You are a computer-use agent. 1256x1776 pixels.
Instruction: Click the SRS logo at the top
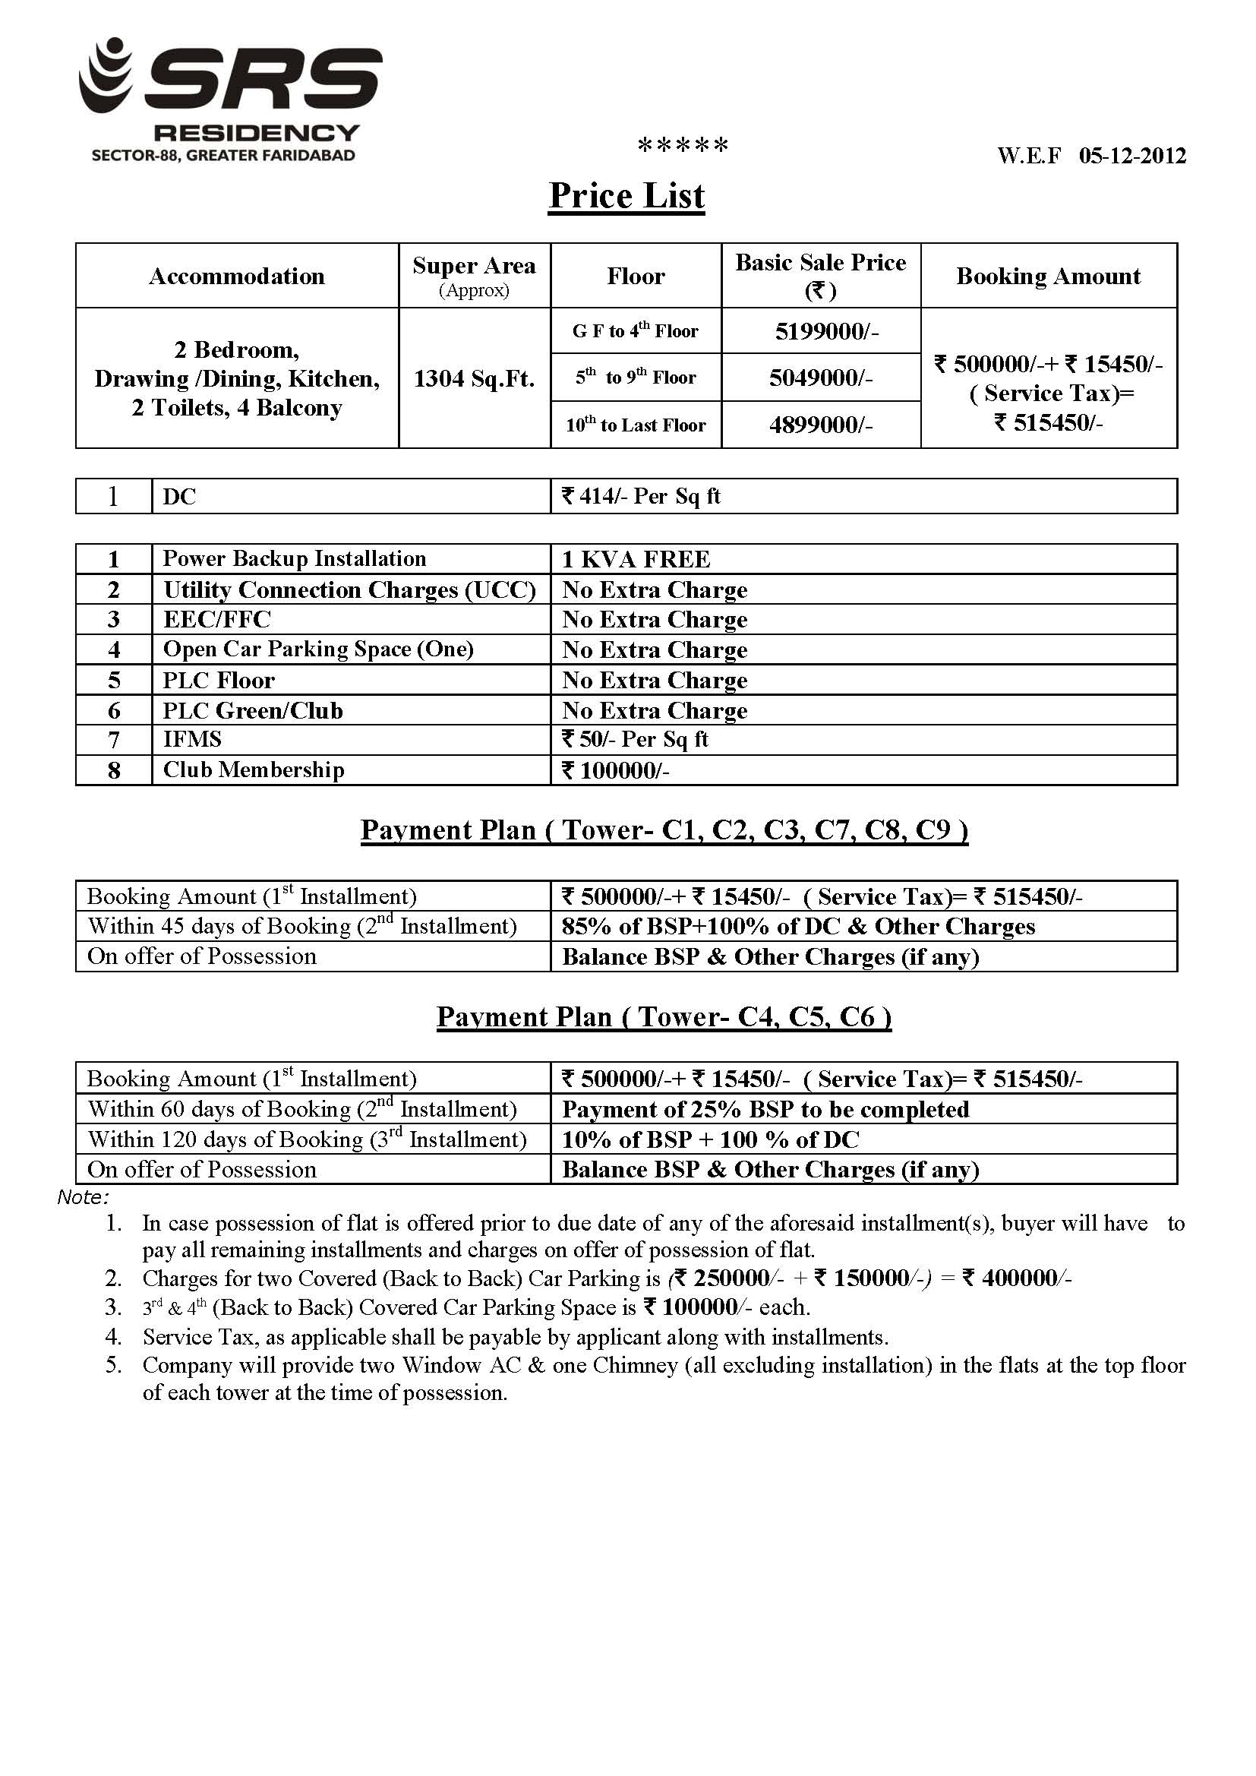click(x=231, y=99)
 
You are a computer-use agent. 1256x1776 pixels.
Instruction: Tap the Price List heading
click(x=626, y=196)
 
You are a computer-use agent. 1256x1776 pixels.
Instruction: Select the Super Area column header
click(x=474, y=274)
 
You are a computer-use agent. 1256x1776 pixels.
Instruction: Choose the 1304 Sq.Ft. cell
click(x=474, y=378)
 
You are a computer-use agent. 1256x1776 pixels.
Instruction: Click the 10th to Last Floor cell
click(x=635, y=425)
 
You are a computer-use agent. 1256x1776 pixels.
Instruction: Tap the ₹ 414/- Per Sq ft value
click(x=641, y=496)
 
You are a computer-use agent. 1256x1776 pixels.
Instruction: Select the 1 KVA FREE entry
click(x=636, y=558)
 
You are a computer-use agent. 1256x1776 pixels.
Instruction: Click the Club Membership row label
click(x=253, y=769)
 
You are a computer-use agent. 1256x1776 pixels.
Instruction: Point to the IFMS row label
click(x=192, y=739)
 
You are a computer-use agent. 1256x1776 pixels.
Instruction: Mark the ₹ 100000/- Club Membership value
click(x=615, y=770)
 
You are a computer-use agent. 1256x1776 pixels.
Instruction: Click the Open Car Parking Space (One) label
click(x=318, y=649)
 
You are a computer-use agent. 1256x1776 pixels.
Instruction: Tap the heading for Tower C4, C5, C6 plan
click(x=664, y=1016)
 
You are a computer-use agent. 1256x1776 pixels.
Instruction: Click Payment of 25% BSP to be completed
click(x=765, y=1109)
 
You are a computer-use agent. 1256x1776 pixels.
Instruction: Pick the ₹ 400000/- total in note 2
click(x=1016, y=1278)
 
